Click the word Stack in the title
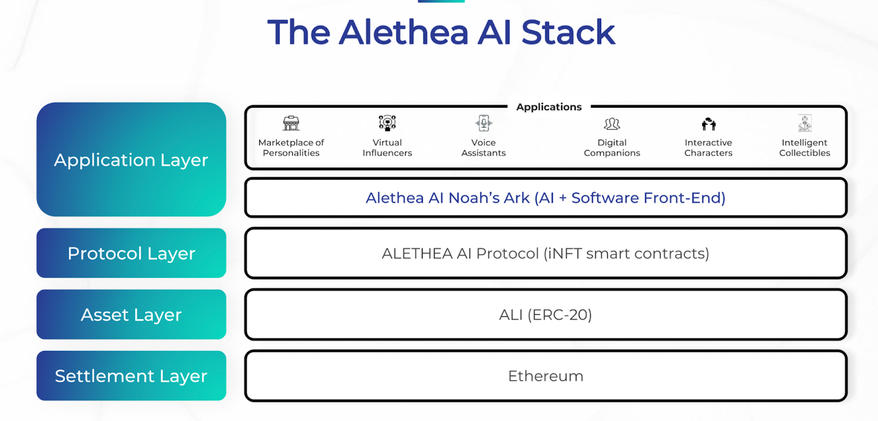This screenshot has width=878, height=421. pyautogui.click(x=568, y=33)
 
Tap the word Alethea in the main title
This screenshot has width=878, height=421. pyautogui.click(x=403, y=33)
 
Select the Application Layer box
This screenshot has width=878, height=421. pyautogui.click(x=131, y=160)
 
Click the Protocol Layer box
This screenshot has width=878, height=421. pyautogui.click(x=131, y=253)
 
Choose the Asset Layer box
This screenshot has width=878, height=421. pyautogui.click(x=131, y=315)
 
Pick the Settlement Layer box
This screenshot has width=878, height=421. pyautogui.click(x=131, y=376)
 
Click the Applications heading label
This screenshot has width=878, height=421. pyautogui.click(x=549, y=107)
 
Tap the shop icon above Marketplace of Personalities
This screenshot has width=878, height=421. pyautogui.click(x=291, y=123)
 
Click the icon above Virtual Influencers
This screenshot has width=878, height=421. pyautogui.click(x=387, y=123)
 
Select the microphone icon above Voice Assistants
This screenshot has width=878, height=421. pyautogui.click(x=484, y=123)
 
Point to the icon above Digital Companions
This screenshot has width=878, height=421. pyautogui.click(x=612, y=123)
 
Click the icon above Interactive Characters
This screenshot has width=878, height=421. pyautogui.click(x=708, y=123)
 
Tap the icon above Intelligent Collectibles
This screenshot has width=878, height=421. pyautogui.click(x=805, y=123)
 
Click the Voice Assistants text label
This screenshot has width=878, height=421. pyautogui.click(x=484, y=148)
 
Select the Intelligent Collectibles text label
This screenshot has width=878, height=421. pyautogui.click(x=805, y=148)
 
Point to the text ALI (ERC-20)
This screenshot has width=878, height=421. pyautogui.click(x=545, y=315)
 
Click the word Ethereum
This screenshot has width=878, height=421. pyautogui.click(x=545, y=376)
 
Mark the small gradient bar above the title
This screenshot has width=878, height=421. pyautogui.click(x=441, y=1)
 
